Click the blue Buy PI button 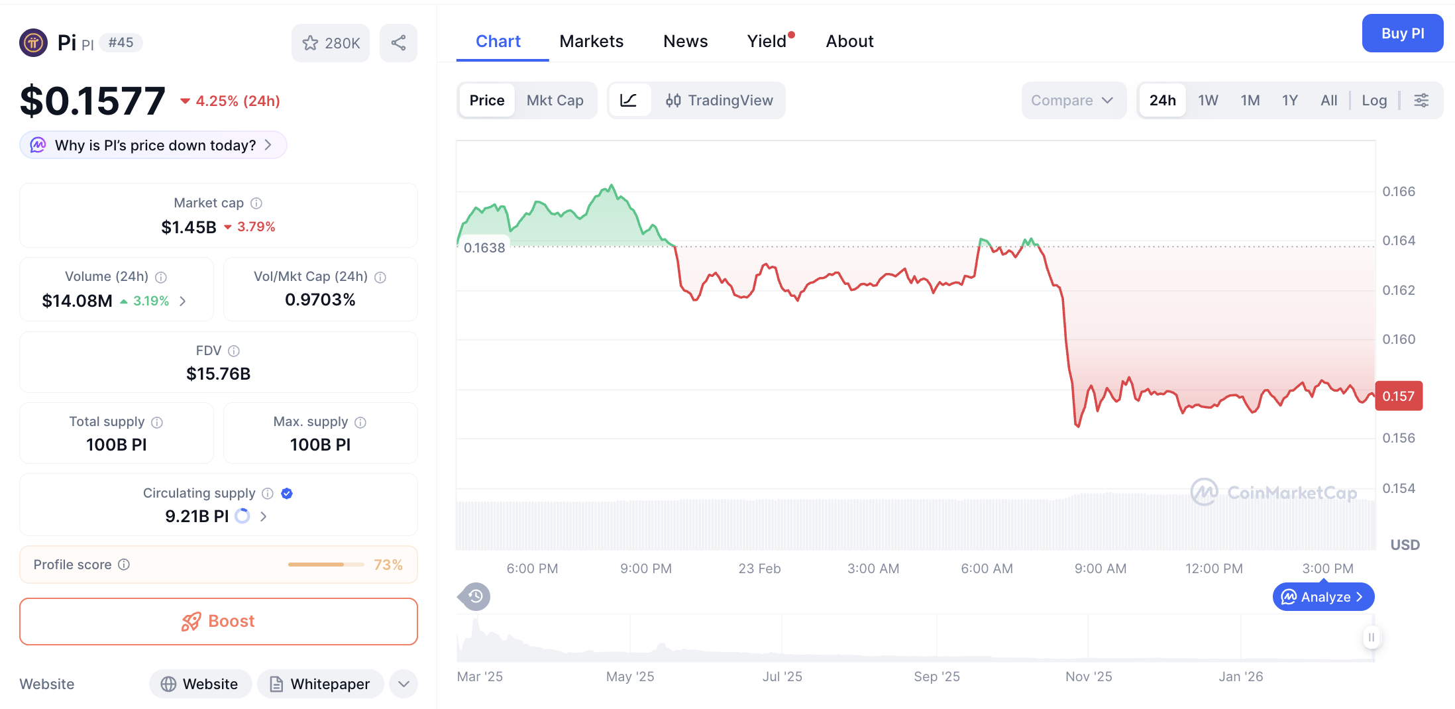click(x=1402, y=33)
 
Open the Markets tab click(x=591, y=41)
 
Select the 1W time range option click(x=1207, y=100)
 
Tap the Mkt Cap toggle click(x=555, y=100)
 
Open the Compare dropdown click(x=1072, y=100)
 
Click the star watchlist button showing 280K click(x=331, y=43)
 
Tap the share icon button click(x=398, y=43)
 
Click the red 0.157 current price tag click(x=1398, y=396)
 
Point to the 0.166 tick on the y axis click(x=1398, y=191)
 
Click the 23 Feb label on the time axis click(x=759, y=569)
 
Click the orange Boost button click(x=219, y=621)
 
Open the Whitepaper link click(x=321, y=684)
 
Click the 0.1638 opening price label click(x=484, y=248)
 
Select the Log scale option click(x=1374, y=100)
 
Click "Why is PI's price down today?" click(x=154, y=145)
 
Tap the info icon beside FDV click(x=234, y=351)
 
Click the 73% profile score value click(x=388, y=565)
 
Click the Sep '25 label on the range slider click(x=936, y=677)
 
